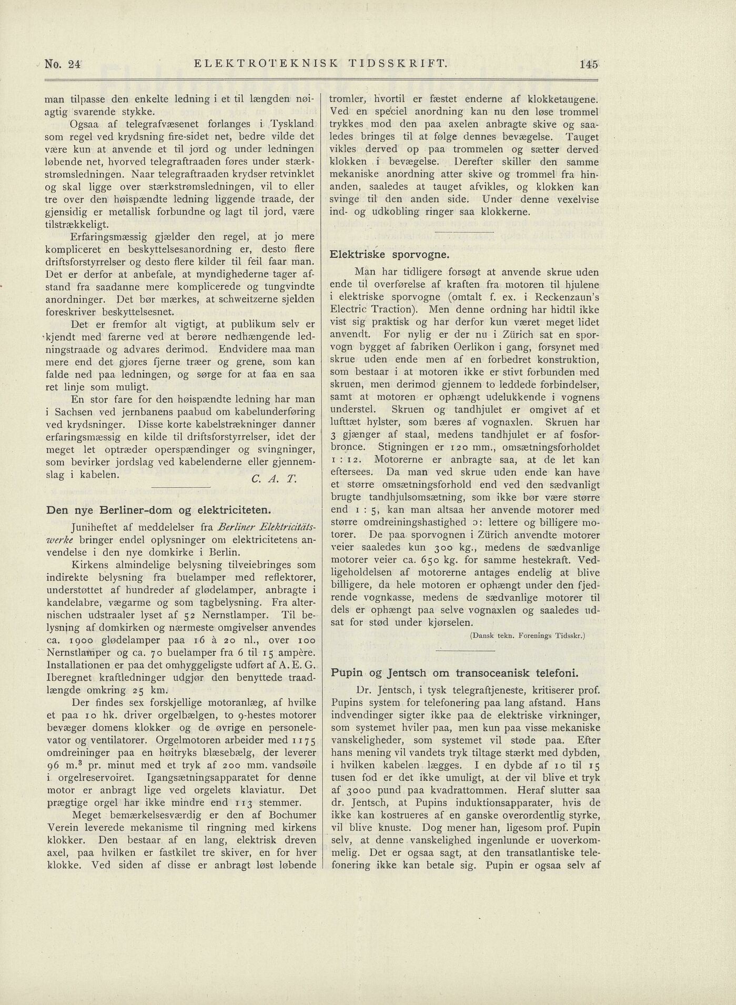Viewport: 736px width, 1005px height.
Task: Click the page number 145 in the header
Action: click(589, 65)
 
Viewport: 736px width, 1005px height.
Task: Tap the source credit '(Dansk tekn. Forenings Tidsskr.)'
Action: click(528, 635)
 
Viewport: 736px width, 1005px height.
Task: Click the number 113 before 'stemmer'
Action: click(244, 803)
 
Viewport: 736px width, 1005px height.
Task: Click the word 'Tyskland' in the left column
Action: click(293, 124)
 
